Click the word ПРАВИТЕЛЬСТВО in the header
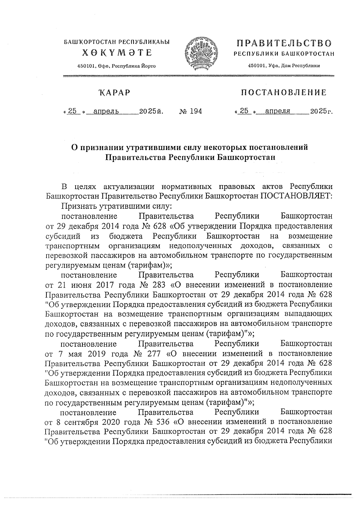(x=284, y=43)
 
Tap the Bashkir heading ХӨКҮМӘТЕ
(x=118, y=53)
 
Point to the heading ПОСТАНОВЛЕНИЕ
(x=284, y=93)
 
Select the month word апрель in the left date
(x=106, y=112)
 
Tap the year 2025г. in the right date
(x=322, y=112)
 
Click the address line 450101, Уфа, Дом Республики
(x=284, y=66)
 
